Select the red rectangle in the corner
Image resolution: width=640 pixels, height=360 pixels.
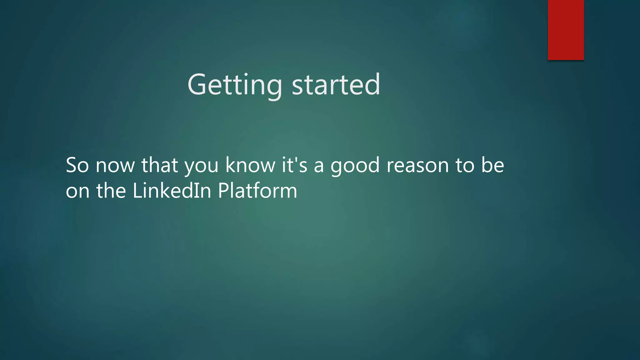pos(566,30)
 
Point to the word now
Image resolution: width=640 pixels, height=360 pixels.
pos(115,166)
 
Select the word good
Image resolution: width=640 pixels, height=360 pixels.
pos(355,166)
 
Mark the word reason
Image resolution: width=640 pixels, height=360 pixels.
pos(417,166)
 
